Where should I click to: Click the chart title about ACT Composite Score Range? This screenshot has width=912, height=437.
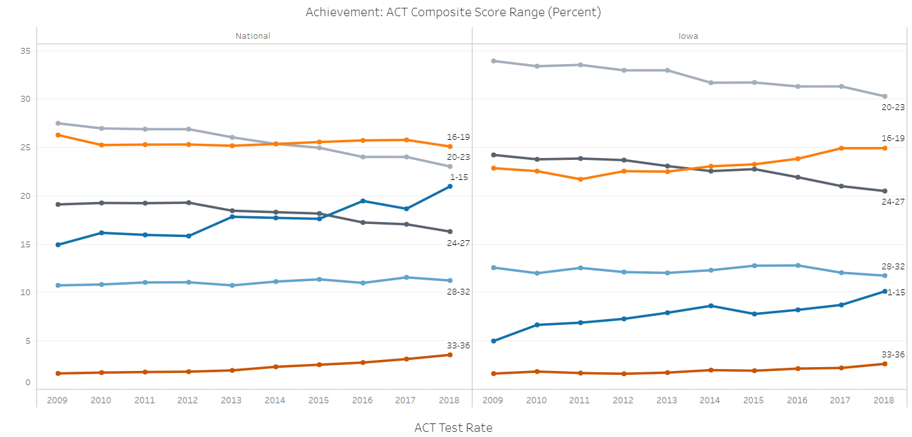453,12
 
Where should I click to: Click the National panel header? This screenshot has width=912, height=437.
253,36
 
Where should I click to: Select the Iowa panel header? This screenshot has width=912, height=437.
688,36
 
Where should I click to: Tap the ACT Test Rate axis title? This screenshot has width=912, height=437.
453,427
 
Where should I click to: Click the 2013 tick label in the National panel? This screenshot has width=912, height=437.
231,400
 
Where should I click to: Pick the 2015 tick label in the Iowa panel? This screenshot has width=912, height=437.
754,400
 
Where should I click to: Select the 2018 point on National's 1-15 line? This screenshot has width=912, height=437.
450,186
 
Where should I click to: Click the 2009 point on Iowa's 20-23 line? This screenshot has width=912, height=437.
494,61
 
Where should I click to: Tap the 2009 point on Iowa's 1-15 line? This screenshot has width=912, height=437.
494,341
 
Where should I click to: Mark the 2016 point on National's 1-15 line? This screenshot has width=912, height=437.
363,201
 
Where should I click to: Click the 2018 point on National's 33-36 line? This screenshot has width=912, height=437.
450,355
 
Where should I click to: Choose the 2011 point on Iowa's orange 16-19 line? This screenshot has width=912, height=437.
580,179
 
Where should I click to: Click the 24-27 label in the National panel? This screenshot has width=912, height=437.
459,243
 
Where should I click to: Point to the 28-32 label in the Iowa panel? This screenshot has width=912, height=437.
893,266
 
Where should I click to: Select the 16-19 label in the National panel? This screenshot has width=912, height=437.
459,137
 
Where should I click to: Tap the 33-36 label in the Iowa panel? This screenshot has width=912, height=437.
893,354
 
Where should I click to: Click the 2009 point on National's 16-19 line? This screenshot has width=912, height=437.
58,135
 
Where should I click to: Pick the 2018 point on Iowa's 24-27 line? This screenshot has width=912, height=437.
884,191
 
